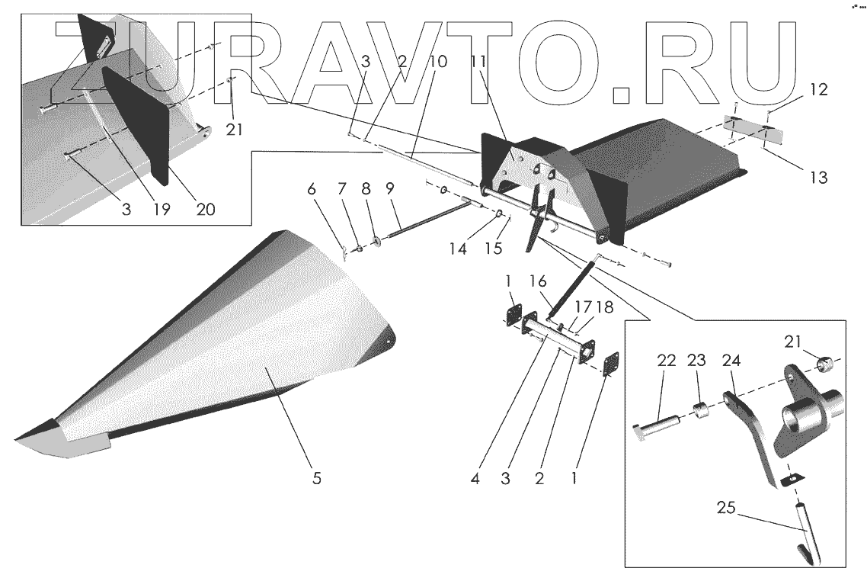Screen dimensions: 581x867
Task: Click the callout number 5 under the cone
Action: click(317, 479)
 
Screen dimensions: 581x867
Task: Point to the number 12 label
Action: click(817, 90)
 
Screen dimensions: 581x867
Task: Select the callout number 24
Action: click(731, 359)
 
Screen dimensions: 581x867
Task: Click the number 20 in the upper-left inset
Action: click(206, 207)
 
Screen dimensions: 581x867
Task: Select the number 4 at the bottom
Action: click(475, 479)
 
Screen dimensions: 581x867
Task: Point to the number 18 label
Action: click(604, 307)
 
